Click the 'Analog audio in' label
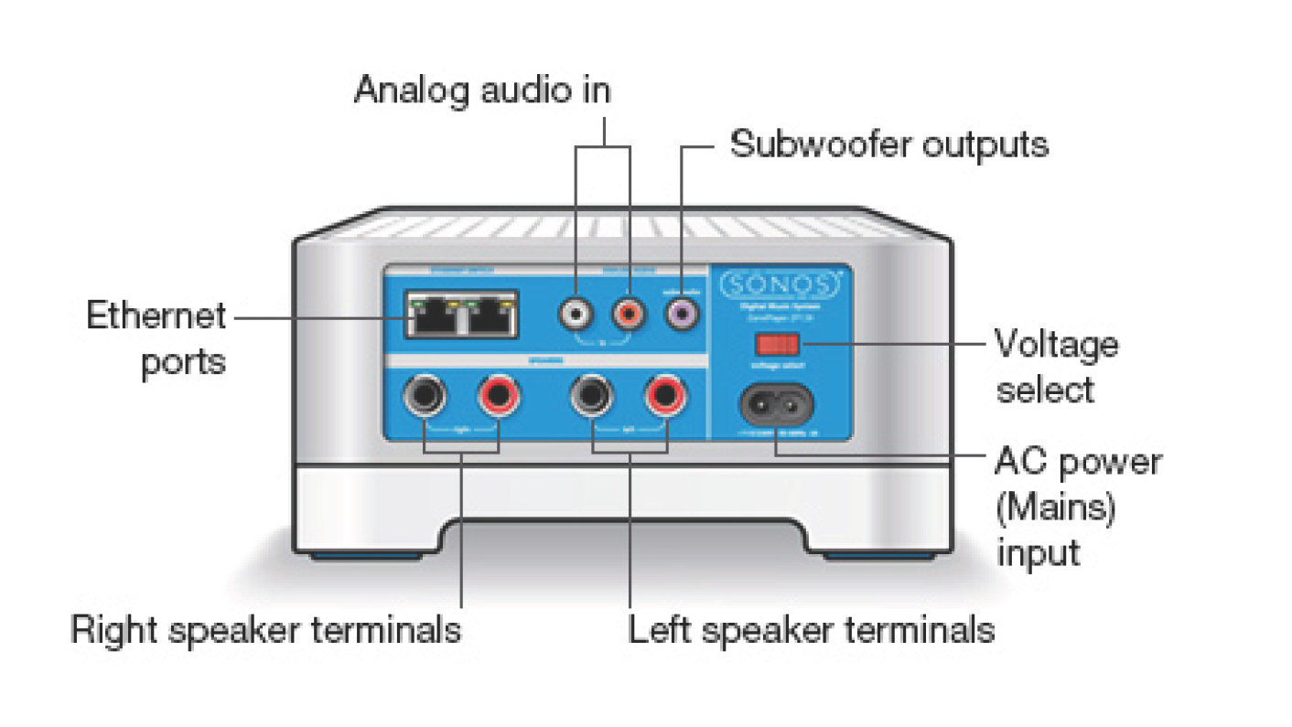[x=482, y=91]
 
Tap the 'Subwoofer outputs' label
[x=888, y=144]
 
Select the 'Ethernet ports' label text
[x=156, y=338]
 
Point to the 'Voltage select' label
[x=1057, y=367]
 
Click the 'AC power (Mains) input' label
[x=1077, y=507]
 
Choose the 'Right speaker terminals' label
[x=266, y=630]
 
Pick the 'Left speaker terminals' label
[x=811, y=630]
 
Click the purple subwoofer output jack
[x=682, y=315]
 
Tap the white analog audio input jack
[x=576, y=315]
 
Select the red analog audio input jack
[x=630, y=315]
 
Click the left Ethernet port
[x=434, y=316]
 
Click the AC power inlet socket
[x=777, y=405]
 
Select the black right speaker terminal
[x=425, y=396]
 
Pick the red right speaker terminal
[x=499, y=396]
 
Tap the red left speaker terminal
[x=665, y=396]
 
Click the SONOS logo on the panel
[x=779, y=285]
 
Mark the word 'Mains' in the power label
[x=1055, y=508]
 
